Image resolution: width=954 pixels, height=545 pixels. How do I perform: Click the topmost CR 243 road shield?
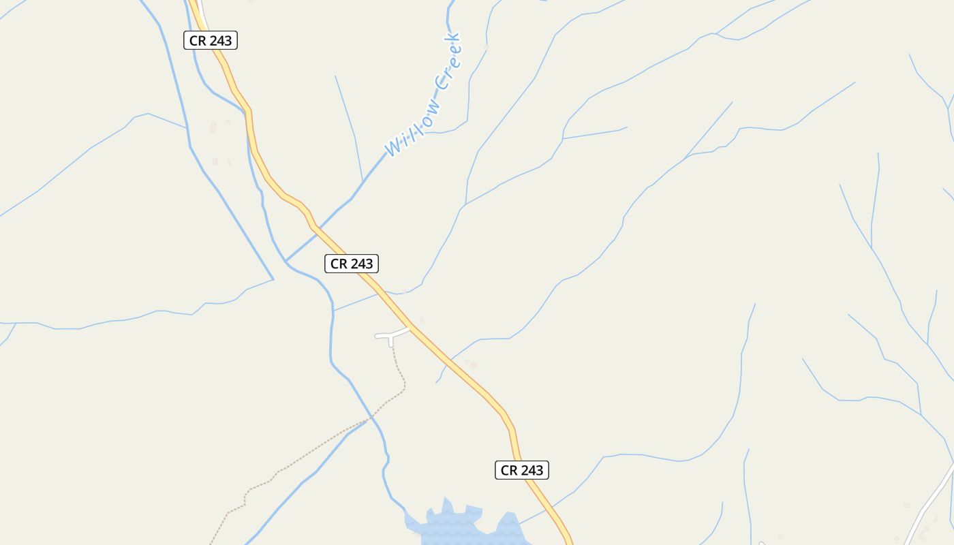click(211, 40)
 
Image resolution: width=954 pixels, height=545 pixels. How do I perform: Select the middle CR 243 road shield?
click(352, 264)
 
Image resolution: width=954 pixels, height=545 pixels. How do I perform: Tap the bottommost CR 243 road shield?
click(522, 470)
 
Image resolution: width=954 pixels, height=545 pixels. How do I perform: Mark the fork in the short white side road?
click(391, 335)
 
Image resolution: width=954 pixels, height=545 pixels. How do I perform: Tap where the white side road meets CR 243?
click(410, 328)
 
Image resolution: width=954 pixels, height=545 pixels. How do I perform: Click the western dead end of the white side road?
click(377, 336)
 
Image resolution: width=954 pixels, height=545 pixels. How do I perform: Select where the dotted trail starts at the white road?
click(392, 346)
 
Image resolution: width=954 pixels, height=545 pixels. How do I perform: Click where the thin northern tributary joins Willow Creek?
click(363, 181)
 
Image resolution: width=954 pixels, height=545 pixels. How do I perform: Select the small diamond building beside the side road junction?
click(421, 320)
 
